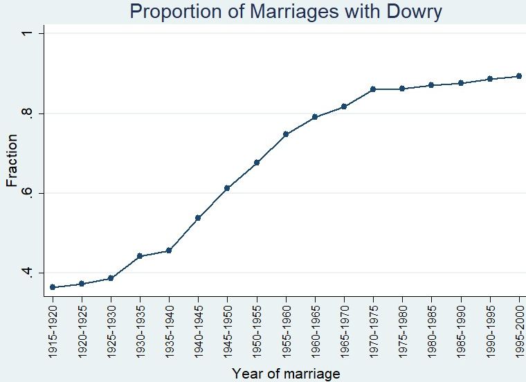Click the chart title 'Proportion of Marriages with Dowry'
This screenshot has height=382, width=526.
[x=285, y=12]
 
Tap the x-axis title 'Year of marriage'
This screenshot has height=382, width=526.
[x=286, y=374]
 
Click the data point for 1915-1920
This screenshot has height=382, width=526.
[x=53, y=287]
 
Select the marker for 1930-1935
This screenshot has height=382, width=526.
[x=140, y=256]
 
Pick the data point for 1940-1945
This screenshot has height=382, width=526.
[x=198, y=218]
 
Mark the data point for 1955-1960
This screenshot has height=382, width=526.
[x=286, y=134]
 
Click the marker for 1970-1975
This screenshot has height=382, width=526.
[x=373, y=89]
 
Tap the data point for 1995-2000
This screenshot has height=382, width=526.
[x=519, y=76]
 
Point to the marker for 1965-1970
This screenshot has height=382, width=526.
[x=344, y=107]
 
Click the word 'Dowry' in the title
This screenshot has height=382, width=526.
[x=408, y=12]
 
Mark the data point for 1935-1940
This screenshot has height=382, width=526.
[x=169, y=251]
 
